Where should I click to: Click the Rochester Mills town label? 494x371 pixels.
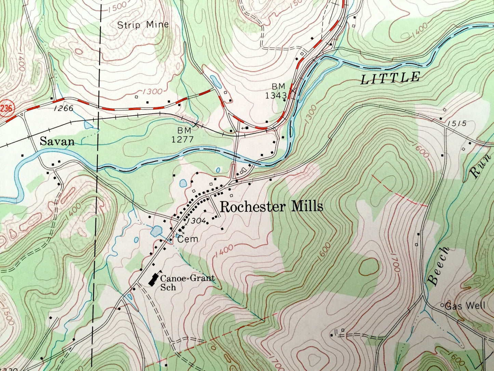point(271,207)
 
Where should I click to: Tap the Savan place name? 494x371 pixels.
point(57,141)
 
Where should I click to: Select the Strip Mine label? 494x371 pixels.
point(143,25)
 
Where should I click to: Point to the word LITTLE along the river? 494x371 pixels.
point(390,78)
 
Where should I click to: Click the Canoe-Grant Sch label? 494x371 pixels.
point(187,282)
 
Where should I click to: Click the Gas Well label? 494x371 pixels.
point(465,306)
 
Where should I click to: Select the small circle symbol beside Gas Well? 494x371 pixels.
point(442,305)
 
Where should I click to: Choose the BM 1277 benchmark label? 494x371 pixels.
point(183,135)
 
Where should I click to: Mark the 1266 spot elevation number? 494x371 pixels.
point(64,108)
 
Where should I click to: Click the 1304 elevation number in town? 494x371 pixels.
point(197,221)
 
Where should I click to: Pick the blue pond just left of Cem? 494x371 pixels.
point(156,231)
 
